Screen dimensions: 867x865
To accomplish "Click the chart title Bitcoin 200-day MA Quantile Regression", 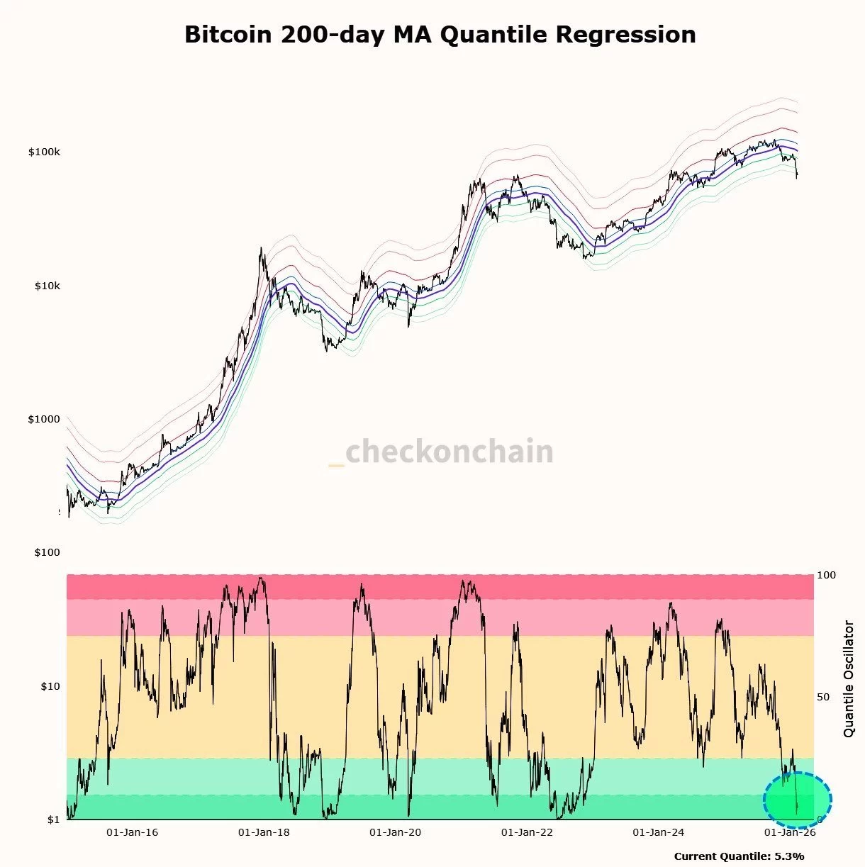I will coord(440,35).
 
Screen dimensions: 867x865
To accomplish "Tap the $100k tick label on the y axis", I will coord(44,152).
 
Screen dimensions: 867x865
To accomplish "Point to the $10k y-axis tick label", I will coord(47,286).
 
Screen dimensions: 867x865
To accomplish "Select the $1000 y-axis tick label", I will coord(44,419).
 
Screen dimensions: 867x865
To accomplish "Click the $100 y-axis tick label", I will coord(47,552).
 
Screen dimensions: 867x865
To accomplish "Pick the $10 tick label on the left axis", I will coord(50,686).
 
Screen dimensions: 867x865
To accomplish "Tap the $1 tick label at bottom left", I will coord(53,820).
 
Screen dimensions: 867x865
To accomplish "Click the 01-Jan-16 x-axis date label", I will coord(133,832).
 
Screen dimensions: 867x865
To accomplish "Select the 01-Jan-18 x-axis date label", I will coord(264,832).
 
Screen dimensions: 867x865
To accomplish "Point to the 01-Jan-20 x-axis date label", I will coord(395,832).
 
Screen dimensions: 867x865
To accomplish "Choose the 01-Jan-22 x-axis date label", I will coord(527,832).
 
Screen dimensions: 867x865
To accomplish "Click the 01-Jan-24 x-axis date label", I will coord(658,832).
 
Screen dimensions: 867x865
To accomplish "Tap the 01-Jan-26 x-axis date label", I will coord(789,832).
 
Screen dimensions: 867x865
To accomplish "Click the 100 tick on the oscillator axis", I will coord(826,575).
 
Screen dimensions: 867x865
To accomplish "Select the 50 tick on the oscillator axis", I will coord(823,697).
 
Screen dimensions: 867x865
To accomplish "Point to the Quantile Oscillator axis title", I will coord(849,678).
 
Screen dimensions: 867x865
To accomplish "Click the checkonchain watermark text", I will coord(441,452).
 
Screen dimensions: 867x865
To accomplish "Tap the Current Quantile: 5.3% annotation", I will coord(739,856).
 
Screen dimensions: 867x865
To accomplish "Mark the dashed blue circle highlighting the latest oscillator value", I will coord(797,800).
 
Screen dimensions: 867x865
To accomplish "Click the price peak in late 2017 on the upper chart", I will coord(261,249).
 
